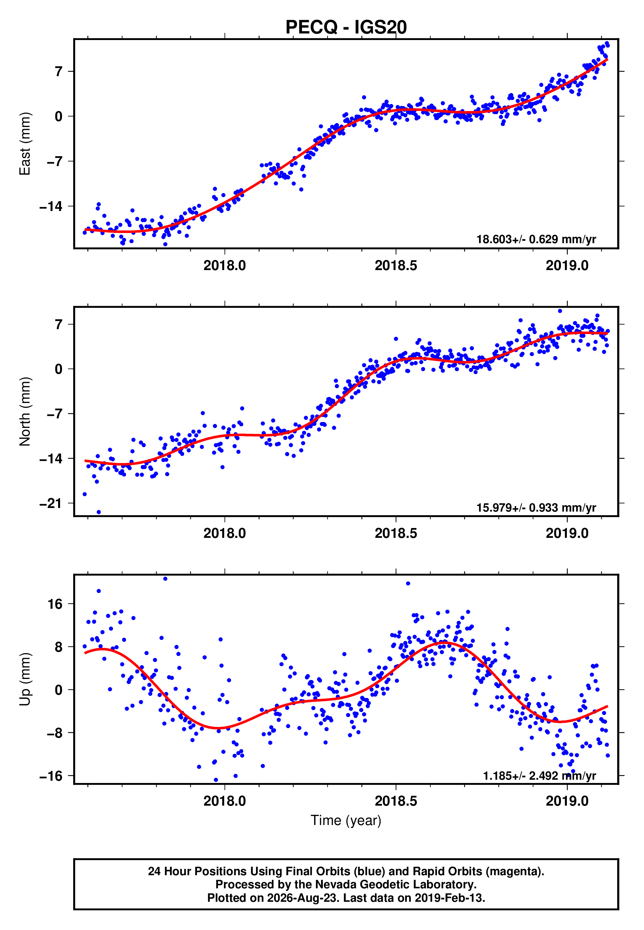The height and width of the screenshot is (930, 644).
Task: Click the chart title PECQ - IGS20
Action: (346, 27)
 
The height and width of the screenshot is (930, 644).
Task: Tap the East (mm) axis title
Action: (25, 144)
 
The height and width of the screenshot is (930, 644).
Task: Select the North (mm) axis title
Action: (25, 412)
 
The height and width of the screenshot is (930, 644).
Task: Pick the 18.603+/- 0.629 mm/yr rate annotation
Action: (536, 239)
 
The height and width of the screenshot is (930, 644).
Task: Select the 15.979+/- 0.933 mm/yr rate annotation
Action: (536, 507)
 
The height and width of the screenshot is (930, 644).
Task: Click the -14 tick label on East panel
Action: (51, 206)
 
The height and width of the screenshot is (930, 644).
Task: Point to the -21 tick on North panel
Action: (51, 503)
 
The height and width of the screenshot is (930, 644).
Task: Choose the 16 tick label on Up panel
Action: (55, 604)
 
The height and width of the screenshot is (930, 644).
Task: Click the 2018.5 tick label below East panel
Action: (396, 265)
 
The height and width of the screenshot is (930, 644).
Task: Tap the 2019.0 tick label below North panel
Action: (567, 533)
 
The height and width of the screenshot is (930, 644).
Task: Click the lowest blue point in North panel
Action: (99, 512)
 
